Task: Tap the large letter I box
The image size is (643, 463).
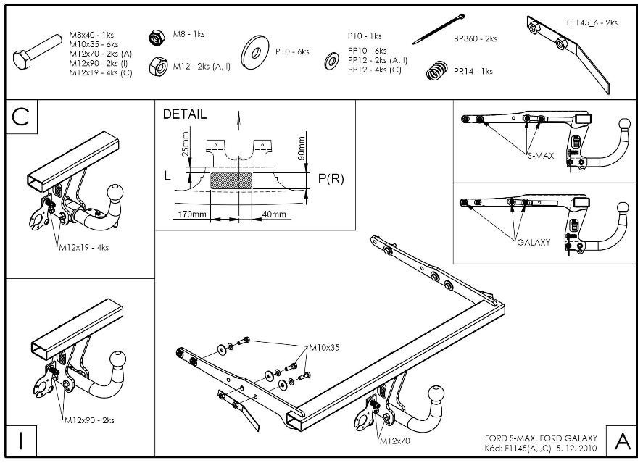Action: pyautogui.click(x=21, y=441)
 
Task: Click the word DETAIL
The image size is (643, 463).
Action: pyautogui.click(x=184, y=114)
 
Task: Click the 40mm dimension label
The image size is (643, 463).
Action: pyautogui.click(x=274, y=215)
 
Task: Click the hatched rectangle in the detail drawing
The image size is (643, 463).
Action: pyautogui.click(x=232, y=180)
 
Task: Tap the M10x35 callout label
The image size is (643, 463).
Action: pyautogui.click(x=324, y=348)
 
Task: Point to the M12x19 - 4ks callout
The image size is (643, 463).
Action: pyautogui.click(x=83, y=248)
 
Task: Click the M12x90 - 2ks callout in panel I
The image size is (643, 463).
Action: pyautogui.click(x=88, y=420)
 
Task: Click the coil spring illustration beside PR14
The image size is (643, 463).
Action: pyautogui.click(x=436, y=70)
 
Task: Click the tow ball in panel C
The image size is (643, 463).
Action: pyautogui.click(x=114, y=193)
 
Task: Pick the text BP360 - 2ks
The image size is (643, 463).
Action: pyautogui.click(x=476, y=38)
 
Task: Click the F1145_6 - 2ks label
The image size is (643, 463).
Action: pyautogui.click(x=592, y=23)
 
